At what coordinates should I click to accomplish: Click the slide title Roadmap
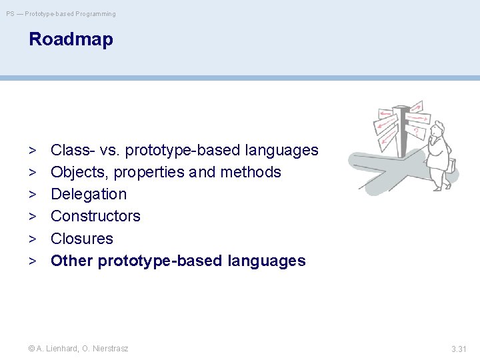pyautogui.click(x=71, y=40)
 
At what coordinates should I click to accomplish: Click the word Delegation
pyautogui.click(x=89, y=195)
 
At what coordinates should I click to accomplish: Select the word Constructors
pyautogui.click(x=95, y=216)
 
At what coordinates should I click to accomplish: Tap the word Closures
pyautogui.click(x=82, y=239)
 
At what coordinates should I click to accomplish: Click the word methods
pyautogui.click(x=251, y=172)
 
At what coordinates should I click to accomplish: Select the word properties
pyautogui.click(x=149, y=173)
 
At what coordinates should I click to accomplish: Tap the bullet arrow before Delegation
pyautogui.click(x=33, y=195)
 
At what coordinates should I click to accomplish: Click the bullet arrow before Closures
pyautogui.click(x=33, y=239)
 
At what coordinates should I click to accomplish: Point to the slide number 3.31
pyautogui.click(x=459, y=349)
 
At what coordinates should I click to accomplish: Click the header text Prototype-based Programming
pyautogui.click(x=70, y=14)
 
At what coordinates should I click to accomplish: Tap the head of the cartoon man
pyautogui.click(x=438, y=128)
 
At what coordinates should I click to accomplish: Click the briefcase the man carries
pyautogui.click(x=452, y=165)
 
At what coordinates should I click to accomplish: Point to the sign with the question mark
pyautogui.click(x=415, y=132)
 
